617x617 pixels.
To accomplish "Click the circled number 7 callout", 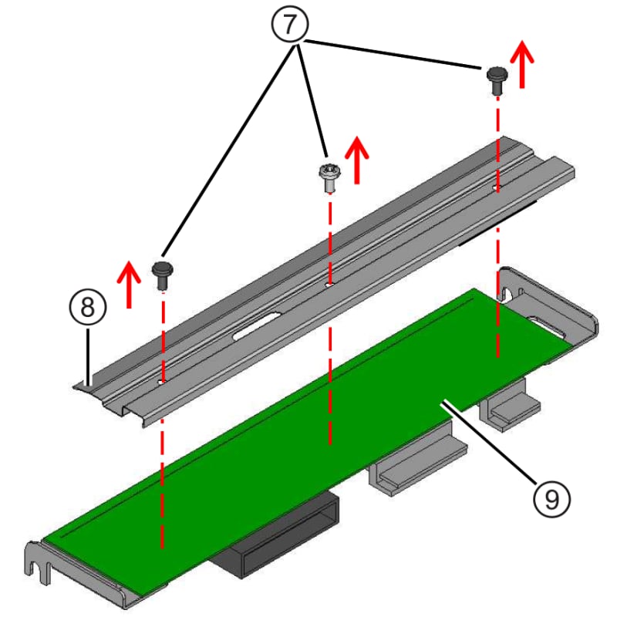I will pos(288,24).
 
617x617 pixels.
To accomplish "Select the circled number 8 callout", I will pos(87,307).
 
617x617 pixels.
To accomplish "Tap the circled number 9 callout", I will pos(551,497).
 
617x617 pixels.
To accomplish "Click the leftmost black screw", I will pos(163,273).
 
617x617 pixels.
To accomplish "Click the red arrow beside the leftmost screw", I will pos(130,283).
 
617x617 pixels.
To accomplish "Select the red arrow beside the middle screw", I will pos(358,160).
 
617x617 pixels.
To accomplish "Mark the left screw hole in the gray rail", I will pos(164,379).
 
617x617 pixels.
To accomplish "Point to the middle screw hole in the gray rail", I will pos(329,284).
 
